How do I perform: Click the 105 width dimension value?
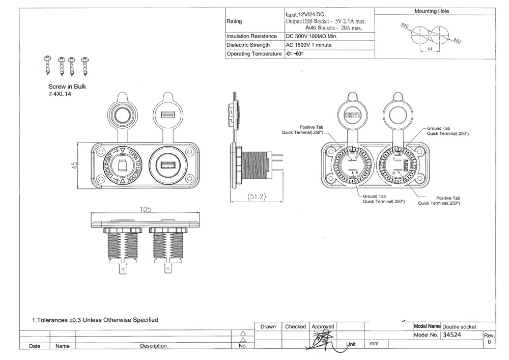click(146, 209)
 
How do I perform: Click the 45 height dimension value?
click(74, 165)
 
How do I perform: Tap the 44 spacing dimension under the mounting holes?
click(430, 49)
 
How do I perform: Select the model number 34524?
click(453, 335)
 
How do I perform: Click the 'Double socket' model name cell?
click(460, 326)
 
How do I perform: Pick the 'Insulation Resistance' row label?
click(251, 36)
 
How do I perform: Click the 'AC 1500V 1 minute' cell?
click(309, 45)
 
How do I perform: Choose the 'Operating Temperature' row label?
click(254, 54)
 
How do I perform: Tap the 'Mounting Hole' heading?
click(432, 11)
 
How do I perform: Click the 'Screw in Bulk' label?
click(67, 87)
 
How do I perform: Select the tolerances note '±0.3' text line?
click(95, 320)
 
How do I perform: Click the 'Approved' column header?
click(323, 326)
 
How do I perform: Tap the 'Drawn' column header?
click(268, 326)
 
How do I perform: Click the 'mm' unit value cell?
click(374, 344)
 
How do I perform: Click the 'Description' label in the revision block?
click(153, 346)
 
